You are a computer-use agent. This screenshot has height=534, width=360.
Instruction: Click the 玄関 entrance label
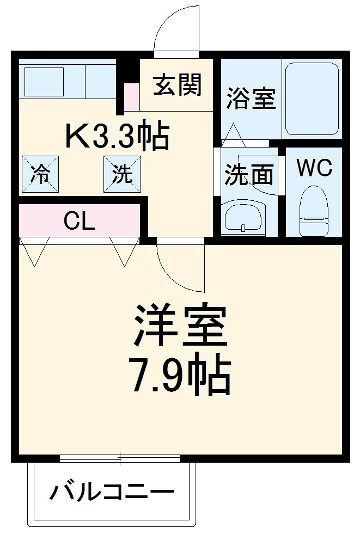[x=178, y=85]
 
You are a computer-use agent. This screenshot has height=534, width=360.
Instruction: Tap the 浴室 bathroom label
[x=251, y=98]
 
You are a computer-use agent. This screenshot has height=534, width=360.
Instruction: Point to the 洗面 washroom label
[x=249, y=175]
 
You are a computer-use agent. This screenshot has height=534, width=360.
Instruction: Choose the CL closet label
[x=80, y=221]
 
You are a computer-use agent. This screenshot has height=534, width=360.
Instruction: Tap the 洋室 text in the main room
[x=180, y=326]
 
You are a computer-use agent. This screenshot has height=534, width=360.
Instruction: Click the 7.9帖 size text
[x=180, y=376]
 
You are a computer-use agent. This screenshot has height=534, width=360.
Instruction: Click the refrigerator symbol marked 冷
[x=39, y=174]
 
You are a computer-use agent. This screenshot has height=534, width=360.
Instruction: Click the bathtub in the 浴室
[x=312, y=100]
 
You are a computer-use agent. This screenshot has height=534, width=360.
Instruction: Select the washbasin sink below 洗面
[x=244, y=218]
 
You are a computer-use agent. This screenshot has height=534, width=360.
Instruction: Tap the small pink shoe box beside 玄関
[x=131, y=97]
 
